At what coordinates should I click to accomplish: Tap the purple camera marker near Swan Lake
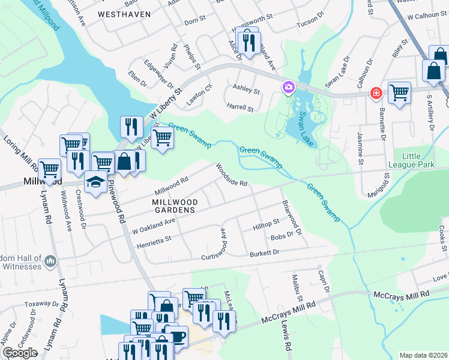click(288, 88)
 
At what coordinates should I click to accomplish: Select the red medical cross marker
click(376, 94)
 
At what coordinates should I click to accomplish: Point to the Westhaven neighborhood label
click(124, 14)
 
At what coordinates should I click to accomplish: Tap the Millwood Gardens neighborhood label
click(169, 206)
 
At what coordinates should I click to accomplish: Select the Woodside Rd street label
click(232, 175)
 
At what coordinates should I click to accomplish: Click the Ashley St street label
click(246, 92)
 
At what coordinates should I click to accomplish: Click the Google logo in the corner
click(20, 353)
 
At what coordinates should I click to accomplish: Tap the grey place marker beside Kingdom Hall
click(50, 261)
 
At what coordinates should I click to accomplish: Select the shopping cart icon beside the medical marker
click(399, 93)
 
